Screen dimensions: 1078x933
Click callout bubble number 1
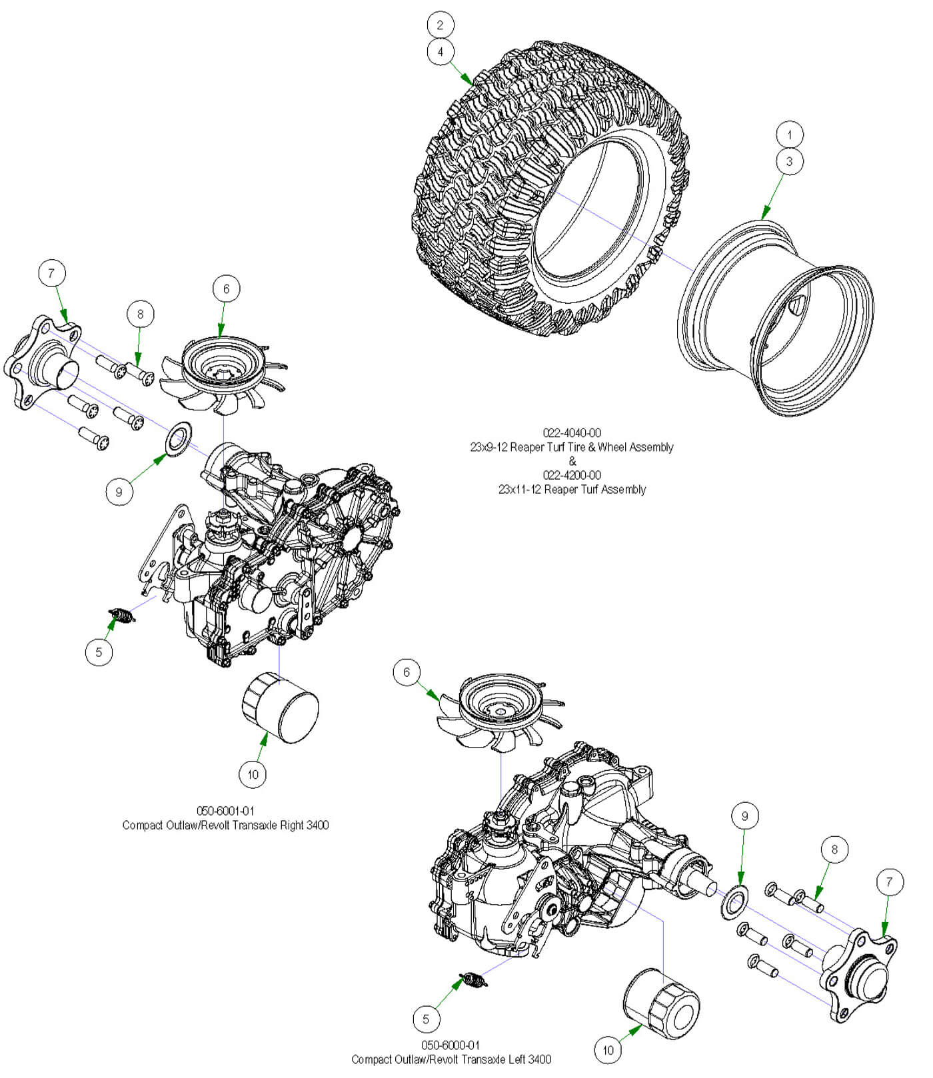tap(790, 135)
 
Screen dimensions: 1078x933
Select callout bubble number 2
tap(440, 25)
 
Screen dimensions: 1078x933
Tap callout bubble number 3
tap(790, 161)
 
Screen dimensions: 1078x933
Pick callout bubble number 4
tap(440, 52)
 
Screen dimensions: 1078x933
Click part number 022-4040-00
tap(572, 433)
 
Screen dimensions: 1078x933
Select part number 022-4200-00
tap(572, 475)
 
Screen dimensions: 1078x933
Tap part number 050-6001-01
tap(225, 811)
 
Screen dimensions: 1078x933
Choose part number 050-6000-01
tap(451, 1045)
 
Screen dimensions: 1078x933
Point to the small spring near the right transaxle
tap(122, 616)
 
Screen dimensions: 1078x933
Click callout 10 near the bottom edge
tap(608, 1051)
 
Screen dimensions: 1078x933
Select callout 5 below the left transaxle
tap(426, 1019)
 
